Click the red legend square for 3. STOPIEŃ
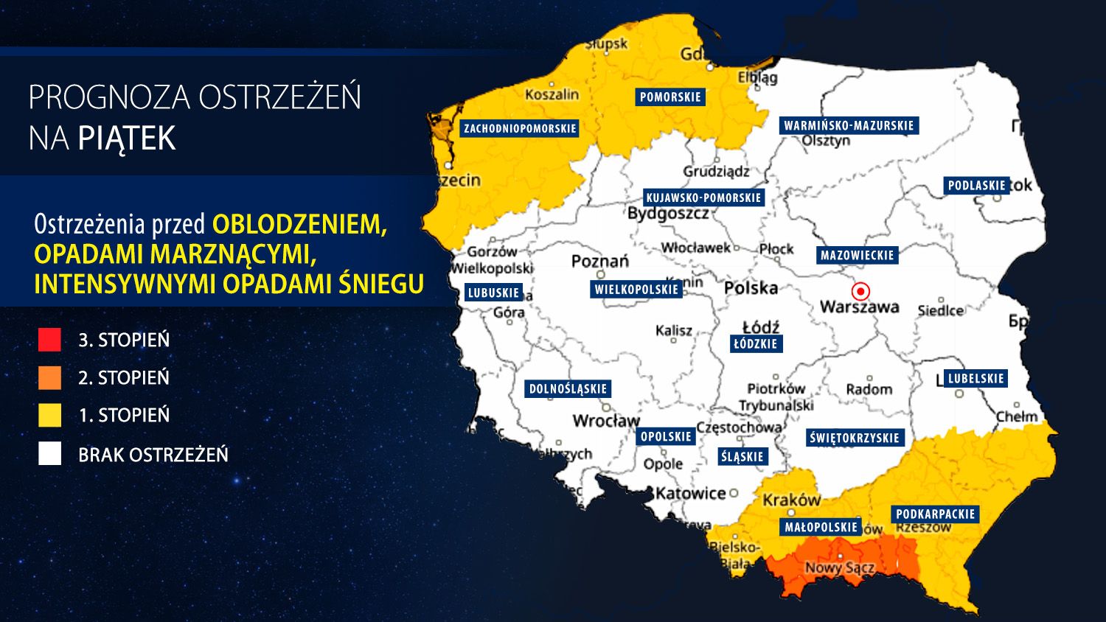pyautogui.click(x=50, y=340)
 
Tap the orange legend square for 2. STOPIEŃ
pyautogui.click(x=50, y=377)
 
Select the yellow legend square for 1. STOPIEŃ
pyautogui.click(x=50, y=415)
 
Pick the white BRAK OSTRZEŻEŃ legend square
pyautogui.click(x=50, y=454)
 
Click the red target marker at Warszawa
pyautogui.click(x=860, y=291)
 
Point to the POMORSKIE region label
pyautogui.click(x=670, y=97)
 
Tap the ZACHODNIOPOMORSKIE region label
pyautogui.click(x=520, y=128)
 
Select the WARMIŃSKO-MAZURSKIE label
pyautogui.click(x=849, y=125)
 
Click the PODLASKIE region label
pyautogui.click(x=976, y=186)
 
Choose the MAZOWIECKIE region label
pyautogui.click(x=857, y=256)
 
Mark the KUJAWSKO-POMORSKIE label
pyautogui.click(x=703, y=198)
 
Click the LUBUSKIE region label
pyautogui.click(x=493, y=293)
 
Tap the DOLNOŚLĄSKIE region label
pyautogui.click(x=568, y=388)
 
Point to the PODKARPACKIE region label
pyautogui.click(x=935, y=514)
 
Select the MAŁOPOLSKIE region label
pyautogui.click(x=821, y=527)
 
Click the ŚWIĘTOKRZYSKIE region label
pyautogui.click(x=854, y=438)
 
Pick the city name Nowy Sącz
pyautogui.click(x=839, y=567)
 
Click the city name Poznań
pyautogui.click(x=600, y=261)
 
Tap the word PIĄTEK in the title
pyautogui.click(x=127, y=139)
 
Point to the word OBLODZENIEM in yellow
pyautogui.click(x=299, y=224)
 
